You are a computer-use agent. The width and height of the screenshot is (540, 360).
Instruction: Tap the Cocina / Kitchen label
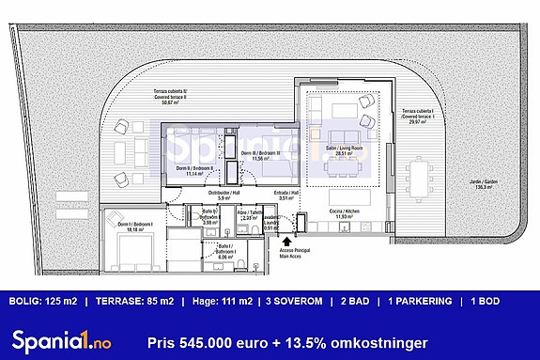[341, 214]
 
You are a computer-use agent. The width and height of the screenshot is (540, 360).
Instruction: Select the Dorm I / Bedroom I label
[131, 225]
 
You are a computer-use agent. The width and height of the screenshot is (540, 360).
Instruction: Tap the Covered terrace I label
[418, 116]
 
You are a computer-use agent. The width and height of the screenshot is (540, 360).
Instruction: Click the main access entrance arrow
[285, 243]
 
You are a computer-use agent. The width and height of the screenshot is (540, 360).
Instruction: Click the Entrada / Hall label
[288, 196]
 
